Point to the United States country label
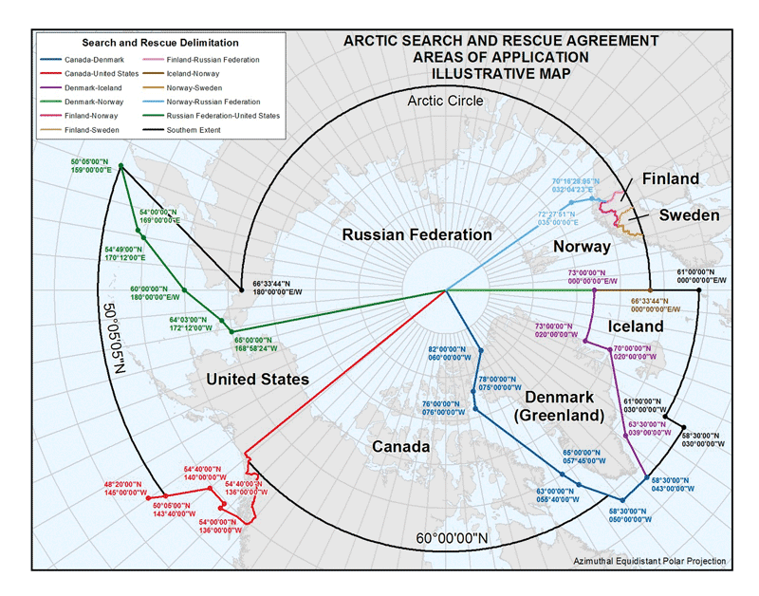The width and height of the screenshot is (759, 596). coord(257,380)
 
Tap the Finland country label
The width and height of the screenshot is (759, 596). coord(670,178)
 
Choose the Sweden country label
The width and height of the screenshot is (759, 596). coord(690,215)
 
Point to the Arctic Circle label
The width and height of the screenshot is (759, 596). coord(445,100)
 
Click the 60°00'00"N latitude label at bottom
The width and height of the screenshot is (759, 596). coord(453,539)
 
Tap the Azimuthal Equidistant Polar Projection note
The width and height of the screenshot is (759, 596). coord(650,562)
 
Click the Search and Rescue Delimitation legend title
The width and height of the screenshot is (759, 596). coord(160,43)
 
